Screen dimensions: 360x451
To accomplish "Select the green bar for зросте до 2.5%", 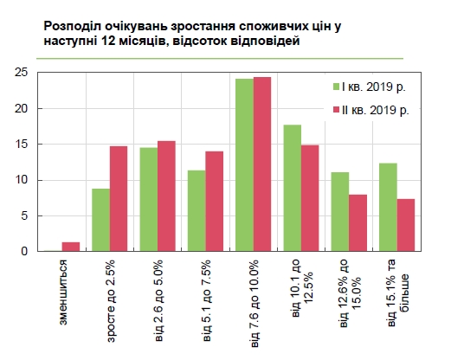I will (x=100, y=220).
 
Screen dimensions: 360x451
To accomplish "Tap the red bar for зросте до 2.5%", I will (x=119, y=199).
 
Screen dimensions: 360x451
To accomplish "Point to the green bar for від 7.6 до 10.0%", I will (x=245, y=165).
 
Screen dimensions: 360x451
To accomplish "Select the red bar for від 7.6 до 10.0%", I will (x=262, y=164).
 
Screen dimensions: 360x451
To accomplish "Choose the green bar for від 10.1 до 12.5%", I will (x=293, y=189).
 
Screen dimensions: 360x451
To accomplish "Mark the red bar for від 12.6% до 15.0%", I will (x=358, y=223).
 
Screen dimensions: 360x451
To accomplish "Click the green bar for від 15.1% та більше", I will (x=389, y=208).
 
